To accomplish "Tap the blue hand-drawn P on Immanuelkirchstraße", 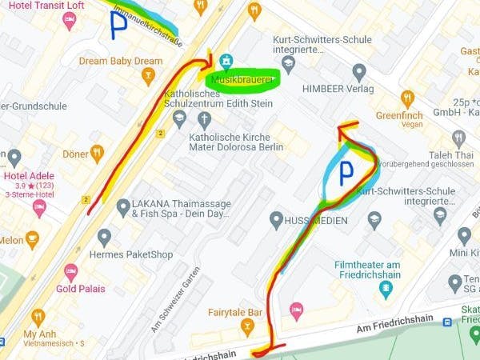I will click(118, 26).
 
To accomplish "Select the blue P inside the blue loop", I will click(346, 172).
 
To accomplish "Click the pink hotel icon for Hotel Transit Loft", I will click(70, 19).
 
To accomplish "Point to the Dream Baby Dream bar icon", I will click(147, 76).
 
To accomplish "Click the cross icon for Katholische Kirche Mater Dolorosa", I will click(205, 119).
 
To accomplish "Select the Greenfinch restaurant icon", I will click(408, 99).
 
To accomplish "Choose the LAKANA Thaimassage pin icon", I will click(122, 208).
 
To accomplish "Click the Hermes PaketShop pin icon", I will click(104, 238).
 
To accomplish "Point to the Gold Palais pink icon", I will click(71, 272).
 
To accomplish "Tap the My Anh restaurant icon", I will click(38, 317).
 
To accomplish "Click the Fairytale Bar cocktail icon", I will click(248, 326).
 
